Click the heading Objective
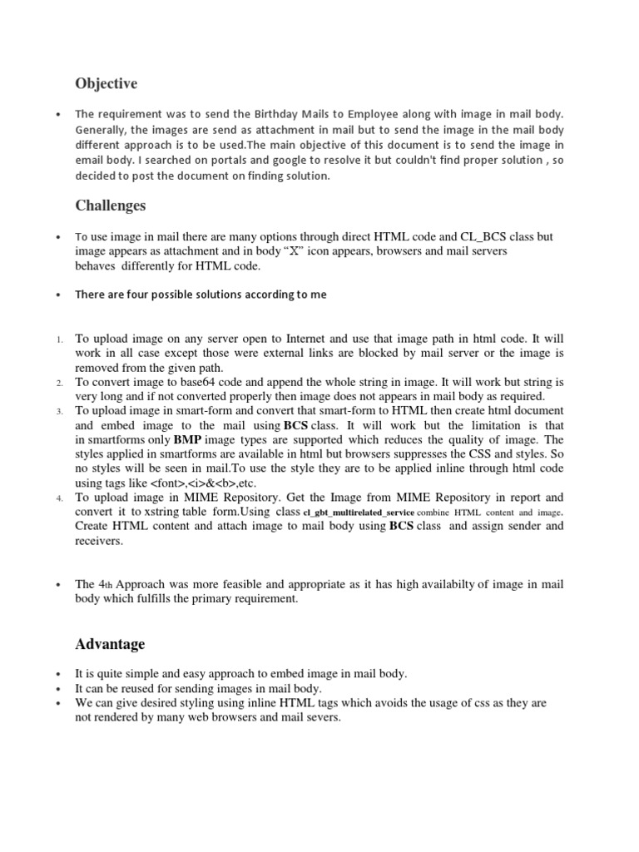(x=106, y=84)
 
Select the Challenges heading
(x=110, y=205)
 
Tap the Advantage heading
(x=110, y=644)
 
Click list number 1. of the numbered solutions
(x=59, y=340)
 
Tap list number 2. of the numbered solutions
(x=59, y=384)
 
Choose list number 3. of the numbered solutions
(x=59, y=413)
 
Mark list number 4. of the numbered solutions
(x=59, y=498)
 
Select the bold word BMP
(x=188, y=440)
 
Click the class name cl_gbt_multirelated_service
(x=358, y=513)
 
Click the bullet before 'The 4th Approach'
(x=57, y=585)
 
